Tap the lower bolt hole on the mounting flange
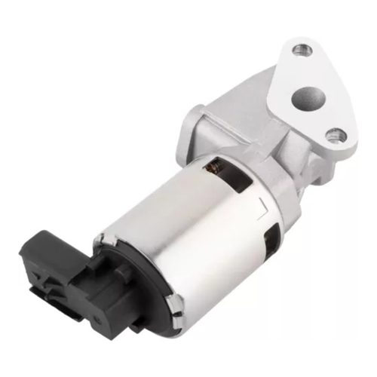pos(336,136)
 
